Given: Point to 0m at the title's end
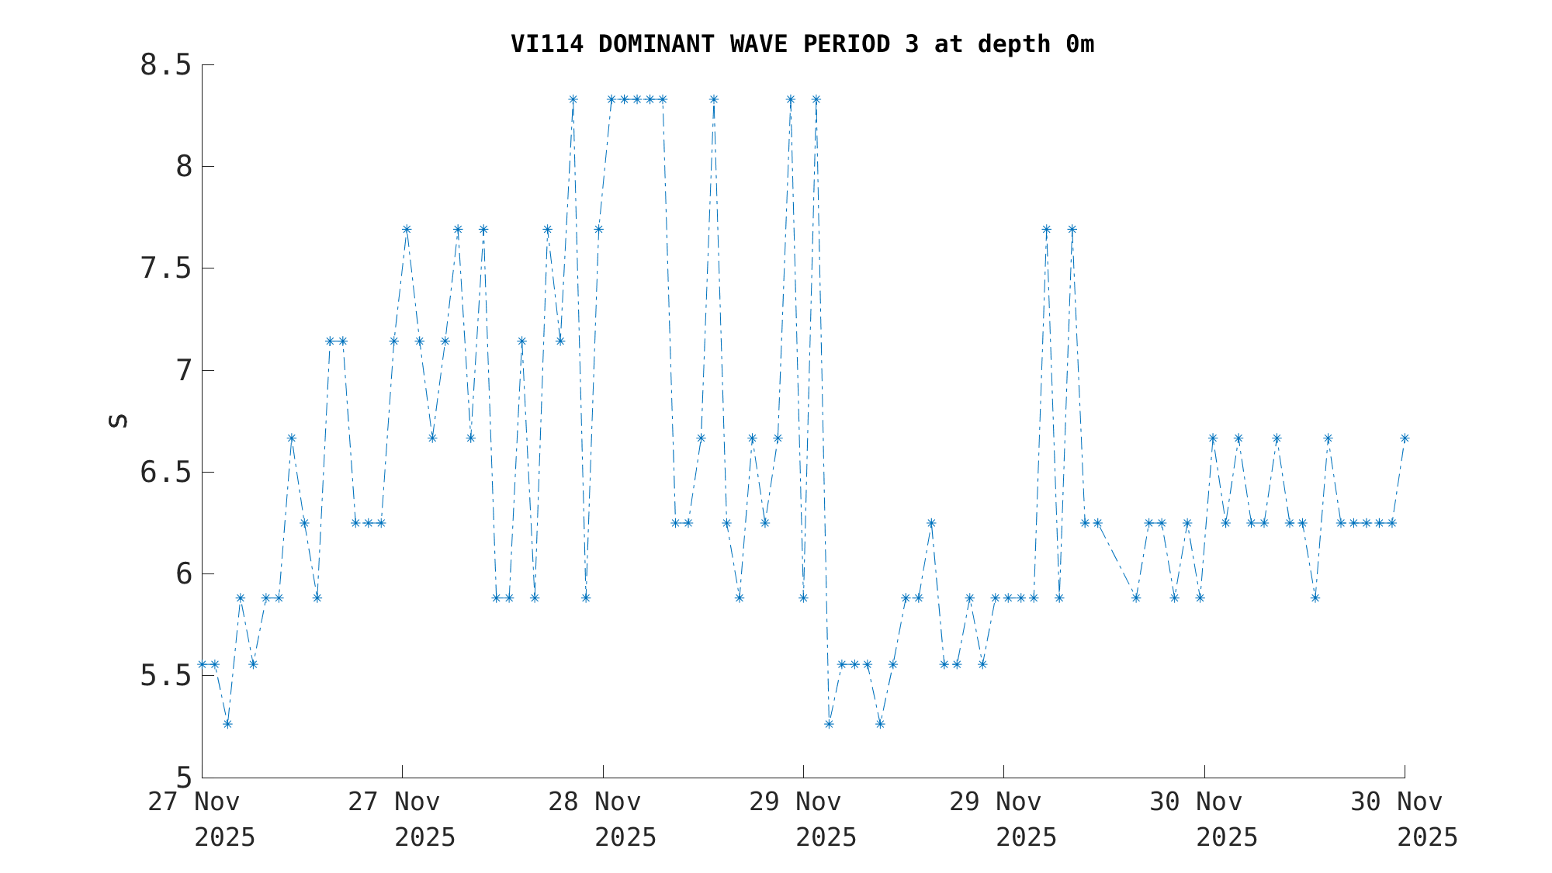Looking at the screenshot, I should point(1079,44).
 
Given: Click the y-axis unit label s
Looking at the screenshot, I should point(117,421).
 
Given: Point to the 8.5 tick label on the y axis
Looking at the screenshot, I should point(165,65).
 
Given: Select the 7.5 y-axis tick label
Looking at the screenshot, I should point(165,268).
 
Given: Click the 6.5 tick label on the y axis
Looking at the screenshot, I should point(165,473).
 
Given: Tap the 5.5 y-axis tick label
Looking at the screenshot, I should point(165,676).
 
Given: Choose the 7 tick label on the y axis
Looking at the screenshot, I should point(183,371).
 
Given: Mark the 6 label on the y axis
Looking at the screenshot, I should point(183,574).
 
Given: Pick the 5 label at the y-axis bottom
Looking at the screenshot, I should point(183,778).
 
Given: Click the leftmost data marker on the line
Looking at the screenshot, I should point(202,664).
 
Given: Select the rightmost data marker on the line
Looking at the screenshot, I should point(1405,438).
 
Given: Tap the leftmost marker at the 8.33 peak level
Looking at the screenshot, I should point(573,99).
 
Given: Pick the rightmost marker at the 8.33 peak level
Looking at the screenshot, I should point(816,99).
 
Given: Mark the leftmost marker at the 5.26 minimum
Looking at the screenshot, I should point(227,724).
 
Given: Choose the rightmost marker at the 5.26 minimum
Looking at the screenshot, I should point(880,724).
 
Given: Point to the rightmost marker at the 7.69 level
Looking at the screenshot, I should point(1072,230).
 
